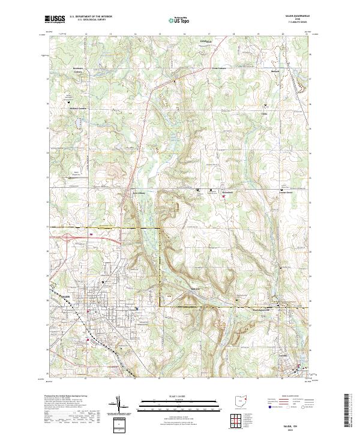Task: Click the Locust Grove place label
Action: (290, 193)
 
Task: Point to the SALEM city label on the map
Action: (65, 295)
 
